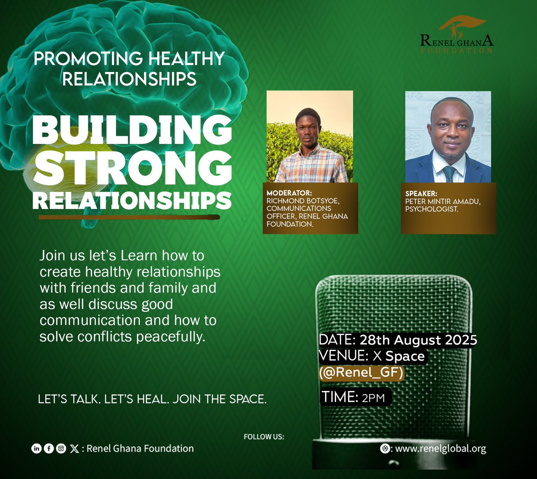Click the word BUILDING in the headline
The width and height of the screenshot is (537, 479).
pyautogui.click(x=132, y=130)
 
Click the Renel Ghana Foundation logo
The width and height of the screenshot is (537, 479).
pyautogui.click(x=456, y=36)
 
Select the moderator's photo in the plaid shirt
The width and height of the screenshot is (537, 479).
pyautogui.click(x=310, y=137)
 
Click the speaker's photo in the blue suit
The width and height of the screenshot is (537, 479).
pyautogui.click(x=448, y=137)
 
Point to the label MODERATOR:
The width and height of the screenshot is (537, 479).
pyautogui.click(x=289, y=193)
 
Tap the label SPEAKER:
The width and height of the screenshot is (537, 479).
pyautogui.click(x=421, y=194)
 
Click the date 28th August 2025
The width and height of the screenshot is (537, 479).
pyautogui.click(x=418, y=340)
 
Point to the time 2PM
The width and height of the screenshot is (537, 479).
pyautogui.click(x=373, y=397)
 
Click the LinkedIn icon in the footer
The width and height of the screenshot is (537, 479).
pyautogui.click(x=36, y=449)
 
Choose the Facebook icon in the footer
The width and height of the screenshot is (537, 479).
pyautogui.click(x=49, y=449)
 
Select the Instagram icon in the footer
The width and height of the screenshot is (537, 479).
pyautogui.click(x=61, y=449)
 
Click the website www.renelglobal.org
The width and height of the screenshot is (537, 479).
pyautogui.click(x=440, y=449)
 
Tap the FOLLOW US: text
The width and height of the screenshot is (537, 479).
pyautogui.click(x=264, y=437)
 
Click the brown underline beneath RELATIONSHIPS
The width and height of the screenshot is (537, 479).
pyautogui.click(x=129, y=217)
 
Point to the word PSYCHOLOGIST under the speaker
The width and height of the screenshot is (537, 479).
pyautogui.click(x=431, y=209)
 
